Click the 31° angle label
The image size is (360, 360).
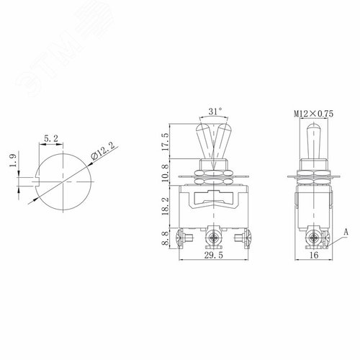pyautogui.click(x=215, y=112)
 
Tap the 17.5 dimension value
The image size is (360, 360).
pyautogui.click(x=166, y=141)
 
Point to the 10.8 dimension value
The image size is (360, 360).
pyautogui.click(x=166, y=173)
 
